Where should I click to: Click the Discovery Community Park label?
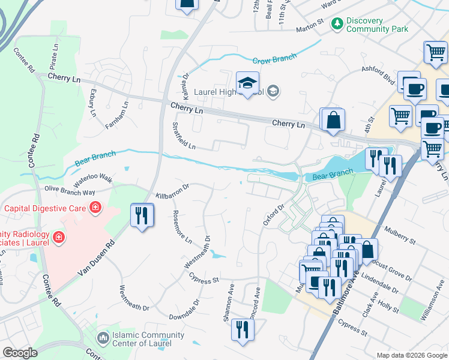pos(377,25)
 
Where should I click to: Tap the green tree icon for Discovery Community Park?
pos(338,23)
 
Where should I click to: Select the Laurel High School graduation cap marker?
pos(247,84)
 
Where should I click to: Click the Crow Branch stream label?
pos(274,59)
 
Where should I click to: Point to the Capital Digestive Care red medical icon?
pos(95,209)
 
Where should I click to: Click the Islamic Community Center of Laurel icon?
pos(103,338)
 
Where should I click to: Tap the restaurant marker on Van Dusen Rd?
pos(142,215)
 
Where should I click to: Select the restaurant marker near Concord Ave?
pos(243,331)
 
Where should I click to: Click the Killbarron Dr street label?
pos(172,191)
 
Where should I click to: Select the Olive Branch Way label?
pos(70,190)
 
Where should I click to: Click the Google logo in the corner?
pos(20,352)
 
